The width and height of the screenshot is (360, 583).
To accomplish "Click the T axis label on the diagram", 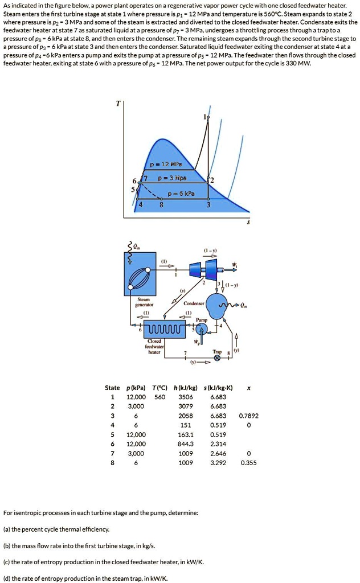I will coord(118,104).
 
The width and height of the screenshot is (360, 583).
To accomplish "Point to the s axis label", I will coord(247,224).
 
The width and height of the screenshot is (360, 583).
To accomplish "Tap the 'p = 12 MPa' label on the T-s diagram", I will coord(161,165).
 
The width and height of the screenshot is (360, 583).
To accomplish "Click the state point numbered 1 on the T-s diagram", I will coord(206,117).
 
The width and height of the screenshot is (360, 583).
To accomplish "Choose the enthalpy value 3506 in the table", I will coord(185,397).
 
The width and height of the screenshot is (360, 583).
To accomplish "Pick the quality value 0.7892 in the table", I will coord(249,416).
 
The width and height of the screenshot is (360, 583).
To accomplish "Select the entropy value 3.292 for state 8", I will coord(218,463).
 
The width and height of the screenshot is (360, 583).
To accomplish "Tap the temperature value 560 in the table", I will coord(159,397).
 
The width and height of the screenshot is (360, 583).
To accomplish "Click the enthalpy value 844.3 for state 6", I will coord(186,444).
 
